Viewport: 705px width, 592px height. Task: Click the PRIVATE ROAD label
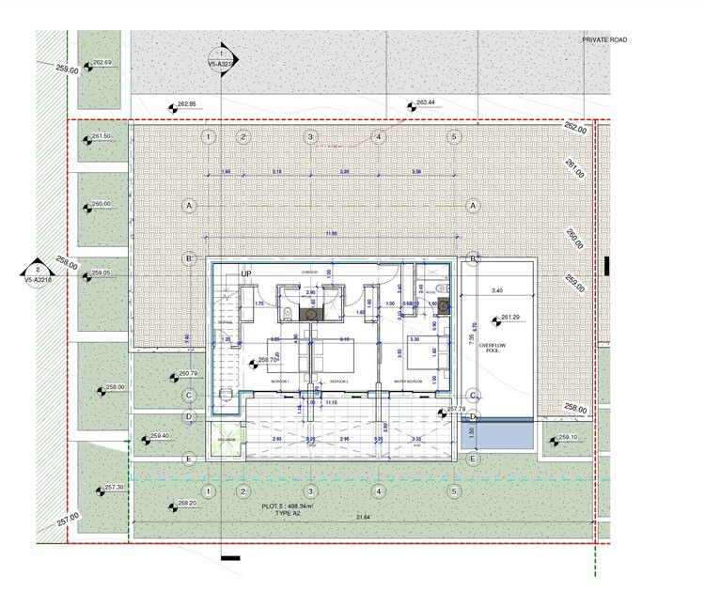click(x=603, y=39)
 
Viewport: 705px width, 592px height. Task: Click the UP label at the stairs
click(x=247, y=273)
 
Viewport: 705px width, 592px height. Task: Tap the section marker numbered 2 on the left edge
click(x=36, y=271)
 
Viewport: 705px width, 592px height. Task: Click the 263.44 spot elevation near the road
click(x=426, y=102)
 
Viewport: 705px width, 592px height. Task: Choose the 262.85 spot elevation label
click(x=185, y=103)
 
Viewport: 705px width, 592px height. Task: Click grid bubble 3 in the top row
click(x=309, y=137)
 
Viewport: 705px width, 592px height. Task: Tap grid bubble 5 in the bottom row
click(x=454, y=491)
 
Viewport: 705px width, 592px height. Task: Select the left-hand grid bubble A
click(x=189, y=205)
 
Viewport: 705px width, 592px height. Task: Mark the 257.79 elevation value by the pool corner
click(x=456, y=409)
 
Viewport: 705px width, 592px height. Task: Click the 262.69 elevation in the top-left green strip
click(x=102, y=63)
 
